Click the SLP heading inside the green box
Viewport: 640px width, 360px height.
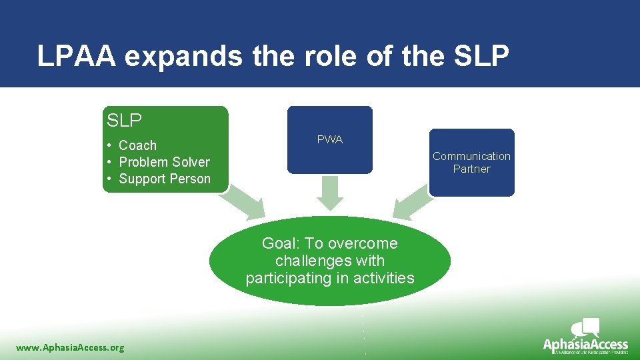pos(125,121)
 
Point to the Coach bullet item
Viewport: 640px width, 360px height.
pos(137,145)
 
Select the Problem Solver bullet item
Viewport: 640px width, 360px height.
pos(164,162)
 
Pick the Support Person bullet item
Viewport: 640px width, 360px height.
pos(164,179)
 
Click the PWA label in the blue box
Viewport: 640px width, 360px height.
pos(330,139)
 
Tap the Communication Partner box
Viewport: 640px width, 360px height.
pos(471,162)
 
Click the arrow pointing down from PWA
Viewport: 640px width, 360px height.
pos(330,193)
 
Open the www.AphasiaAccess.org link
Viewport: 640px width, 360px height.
pos(70,347)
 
